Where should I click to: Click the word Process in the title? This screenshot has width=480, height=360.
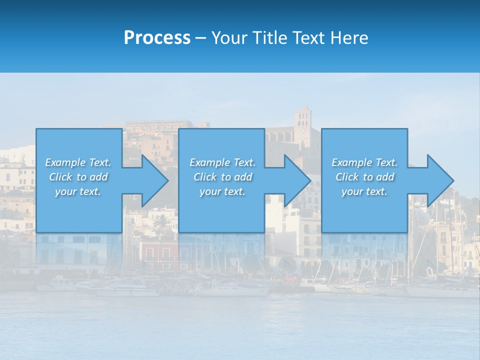[157, 38]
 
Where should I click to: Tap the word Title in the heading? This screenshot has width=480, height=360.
[270, 38]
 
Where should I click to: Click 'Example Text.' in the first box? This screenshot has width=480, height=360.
[78, 162]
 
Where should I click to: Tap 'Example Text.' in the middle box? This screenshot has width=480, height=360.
[222, 162]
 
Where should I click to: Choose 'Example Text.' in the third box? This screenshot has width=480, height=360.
[364, 162]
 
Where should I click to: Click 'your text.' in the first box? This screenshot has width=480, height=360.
[78, 191]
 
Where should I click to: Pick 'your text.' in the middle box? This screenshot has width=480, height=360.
[222, 191]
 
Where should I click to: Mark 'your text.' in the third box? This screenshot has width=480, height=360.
[364, 191]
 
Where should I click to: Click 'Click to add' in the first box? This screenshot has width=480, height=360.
[78, 177]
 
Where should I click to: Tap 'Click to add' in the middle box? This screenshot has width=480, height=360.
[222, 177]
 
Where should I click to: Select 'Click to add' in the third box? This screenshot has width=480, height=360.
[364, 177]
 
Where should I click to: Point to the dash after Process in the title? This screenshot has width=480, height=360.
[200, 38]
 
